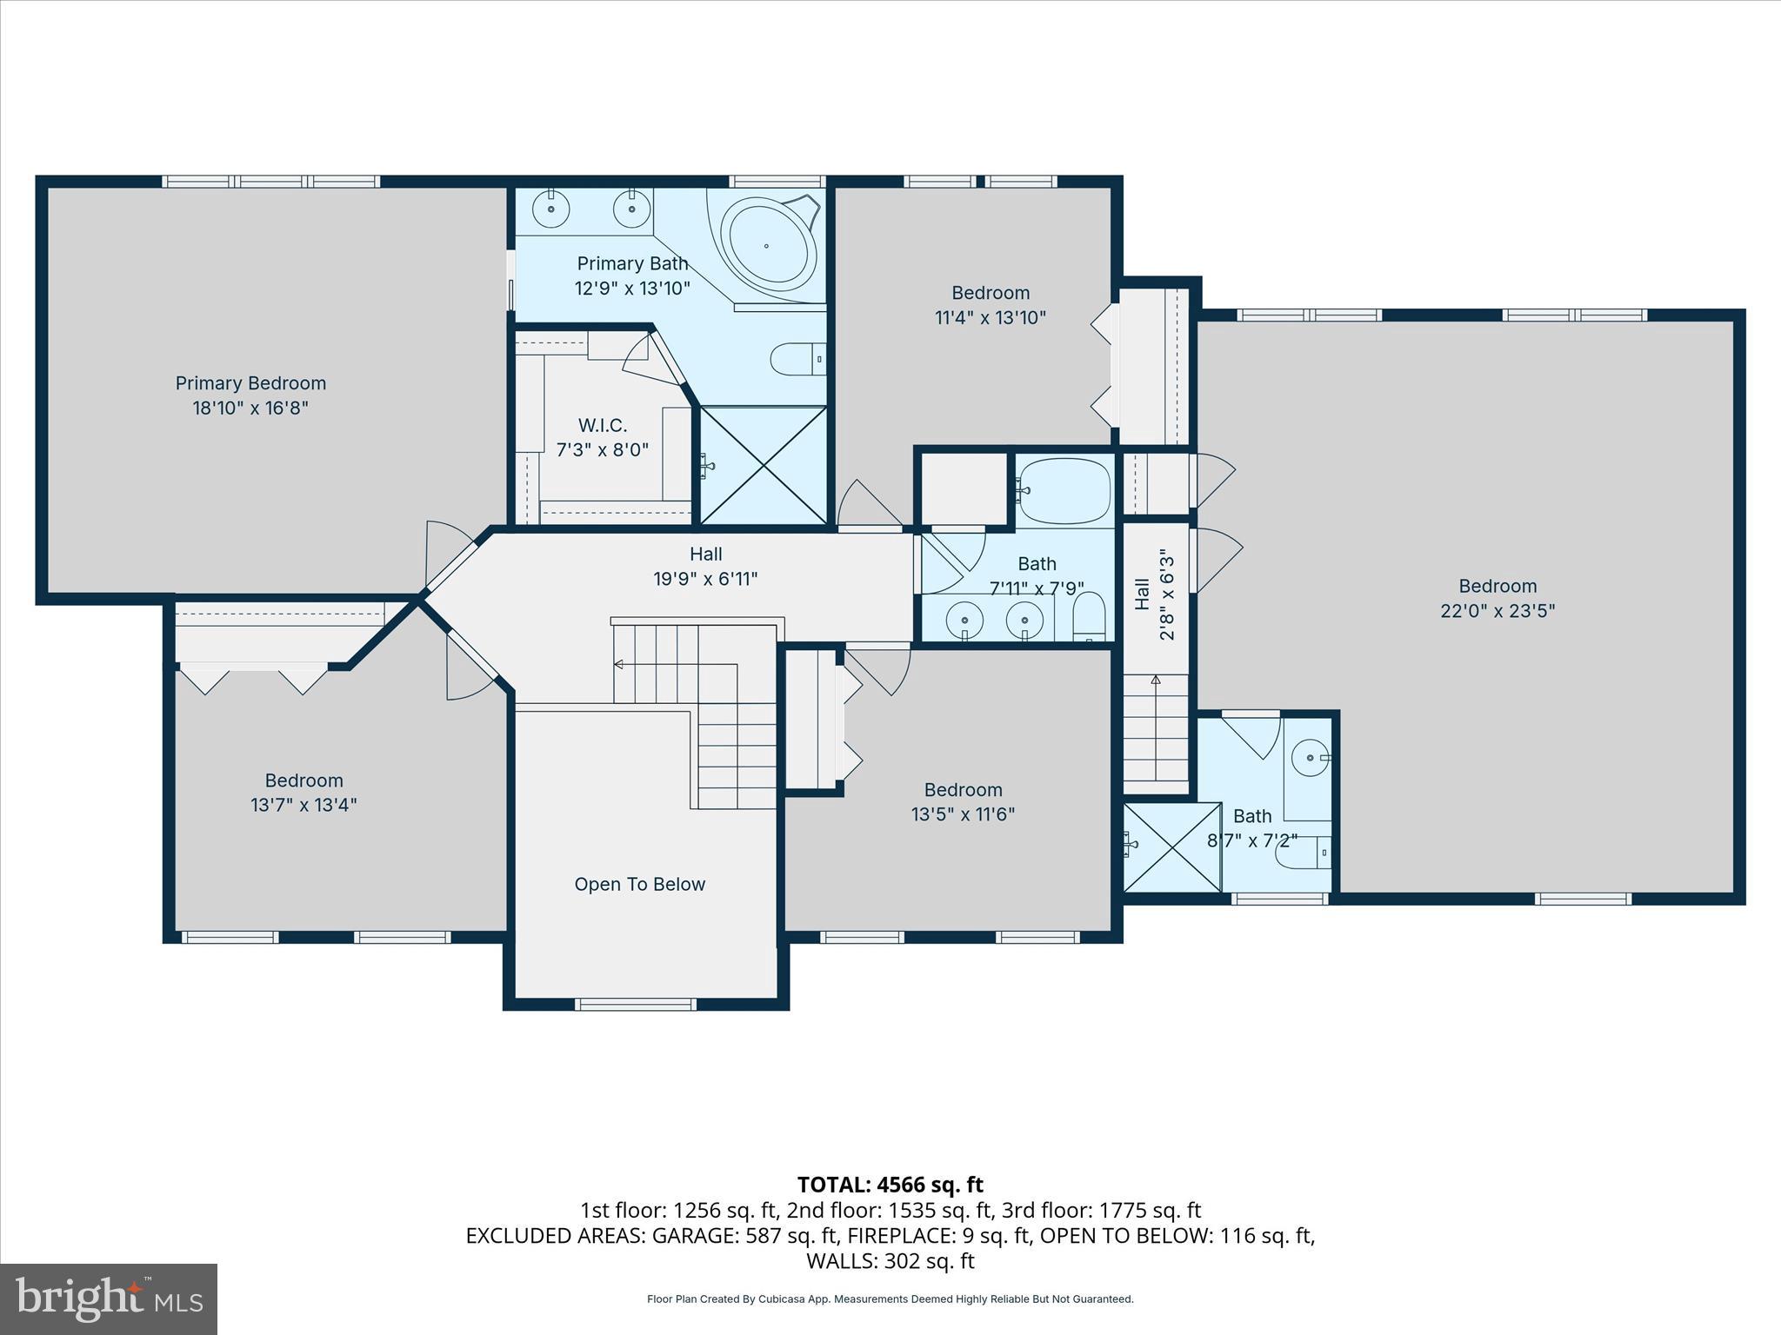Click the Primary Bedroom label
point(250,395)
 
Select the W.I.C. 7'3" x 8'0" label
point(603,437)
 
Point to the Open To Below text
point(639,885)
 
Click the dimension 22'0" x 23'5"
point(1498,611)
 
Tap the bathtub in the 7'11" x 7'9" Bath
point(1064,490)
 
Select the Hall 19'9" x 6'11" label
point(705,566)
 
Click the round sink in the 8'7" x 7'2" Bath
point(1309,758)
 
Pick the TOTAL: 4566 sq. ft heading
point(890,1185)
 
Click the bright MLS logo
point(109,1298)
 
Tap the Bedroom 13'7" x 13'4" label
point(304,793)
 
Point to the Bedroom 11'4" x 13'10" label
point(990,305)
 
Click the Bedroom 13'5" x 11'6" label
point(963,802)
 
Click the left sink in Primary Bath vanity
point(551,209)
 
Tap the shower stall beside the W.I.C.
point(764,466)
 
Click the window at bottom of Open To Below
point(635,1005)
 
